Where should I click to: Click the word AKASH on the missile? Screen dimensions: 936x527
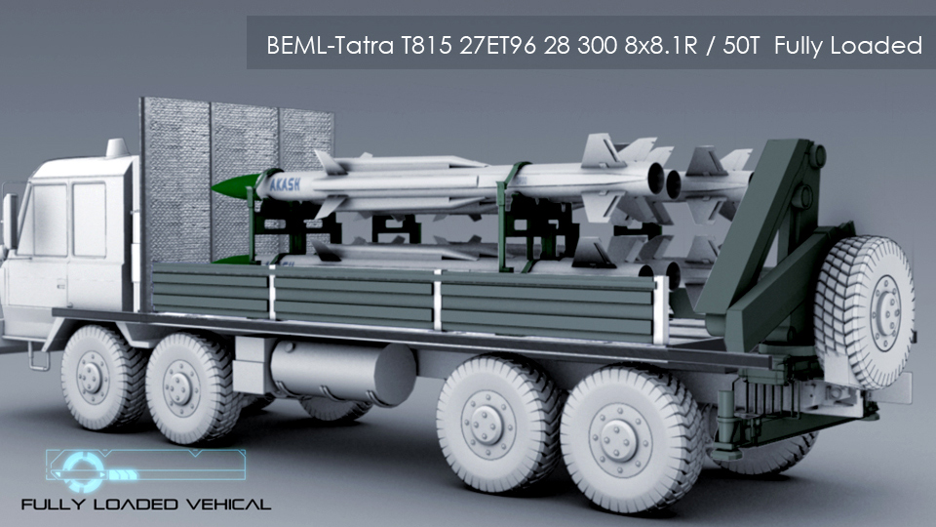click(285, 184)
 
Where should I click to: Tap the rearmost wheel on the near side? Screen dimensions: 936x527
click(630, 439)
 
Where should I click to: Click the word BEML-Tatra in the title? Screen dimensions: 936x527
click(330, 46)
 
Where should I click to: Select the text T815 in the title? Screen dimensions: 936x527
click(426, 46)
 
